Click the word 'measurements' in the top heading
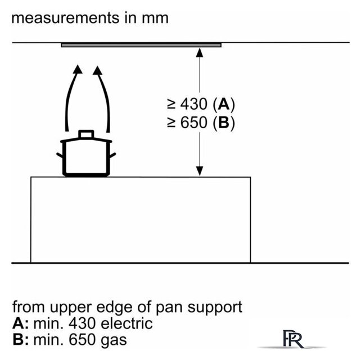(x=66, y=18)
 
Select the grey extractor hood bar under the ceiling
(x=141, y=45)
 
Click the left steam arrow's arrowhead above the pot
(x=78, y=69)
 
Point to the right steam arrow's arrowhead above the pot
(x=98, y=70)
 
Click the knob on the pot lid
(x=86, y=134)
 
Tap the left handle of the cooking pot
(x=60, y=155)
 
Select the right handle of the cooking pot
(x=112, y=155)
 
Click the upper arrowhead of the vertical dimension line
(x=200, y=52)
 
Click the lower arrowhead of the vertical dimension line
(x=200, y=171)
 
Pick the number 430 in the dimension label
(x=194, y=104)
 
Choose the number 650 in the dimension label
(x=194, y=122)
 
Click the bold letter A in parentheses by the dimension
(x=224, y=104)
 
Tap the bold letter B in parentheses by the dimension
(x=224, y=122)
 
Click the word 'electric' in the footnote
(x=127, y=323)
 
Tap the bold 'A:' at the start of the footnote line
(x=21, y=323)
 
